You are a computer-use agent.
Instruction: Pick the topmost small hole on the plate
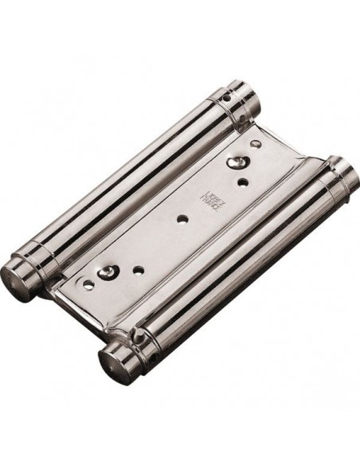point(254,145)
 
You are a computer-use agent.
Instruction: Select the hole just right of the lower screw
point(137,271)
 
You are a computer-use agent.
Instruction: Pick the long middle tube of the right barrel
point(231,266)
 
